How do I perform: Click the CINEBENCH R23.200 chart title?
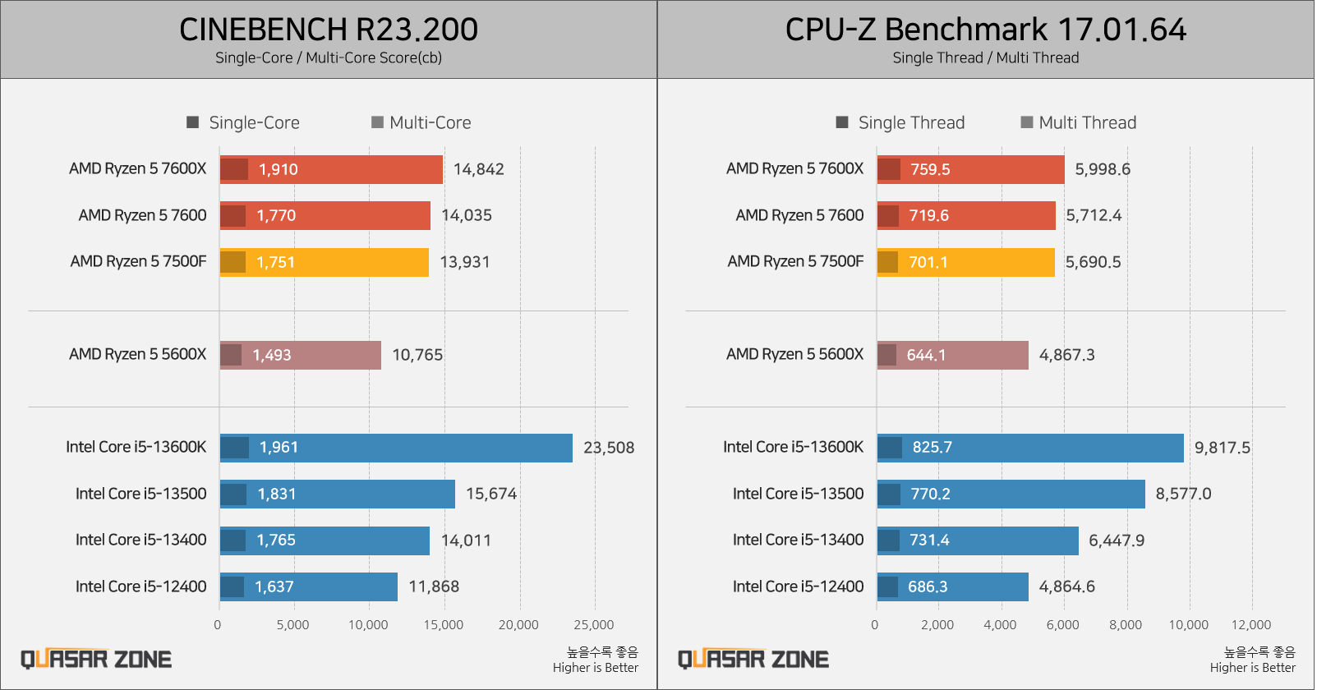pos(329,30)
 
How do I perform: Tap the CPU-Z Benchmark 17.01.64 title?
pos(985,30)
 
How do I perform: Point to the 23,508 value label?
pos(609,448)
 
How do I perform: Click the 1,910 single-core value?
pos(278,169)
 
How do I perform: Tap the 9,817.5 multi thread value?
pos(1222,448)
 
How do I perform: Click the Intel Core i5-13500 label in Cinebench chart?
pos(141,494)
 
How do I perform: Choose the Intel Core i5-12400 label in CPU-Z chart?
pos(798,586)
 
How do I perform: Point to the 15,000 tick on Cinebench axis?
pos(444,625)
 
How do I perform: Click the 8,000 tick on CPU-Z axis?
pos(1125,625)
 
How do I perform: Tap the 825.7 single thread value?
pos(932,448)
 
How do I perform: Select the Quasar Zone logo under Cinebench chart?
pos(96,659)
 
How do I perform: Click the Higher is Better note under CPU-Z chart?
pos(1252,668)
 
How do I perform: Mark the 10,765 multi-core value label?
pos(417,355)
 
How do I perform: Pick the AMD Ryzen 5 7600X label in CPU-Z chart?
pos(794,168)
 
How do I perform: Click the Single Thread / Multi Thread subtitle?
pos(985,57)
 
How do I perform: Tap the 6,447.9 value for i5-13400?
pos(1116,540)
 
